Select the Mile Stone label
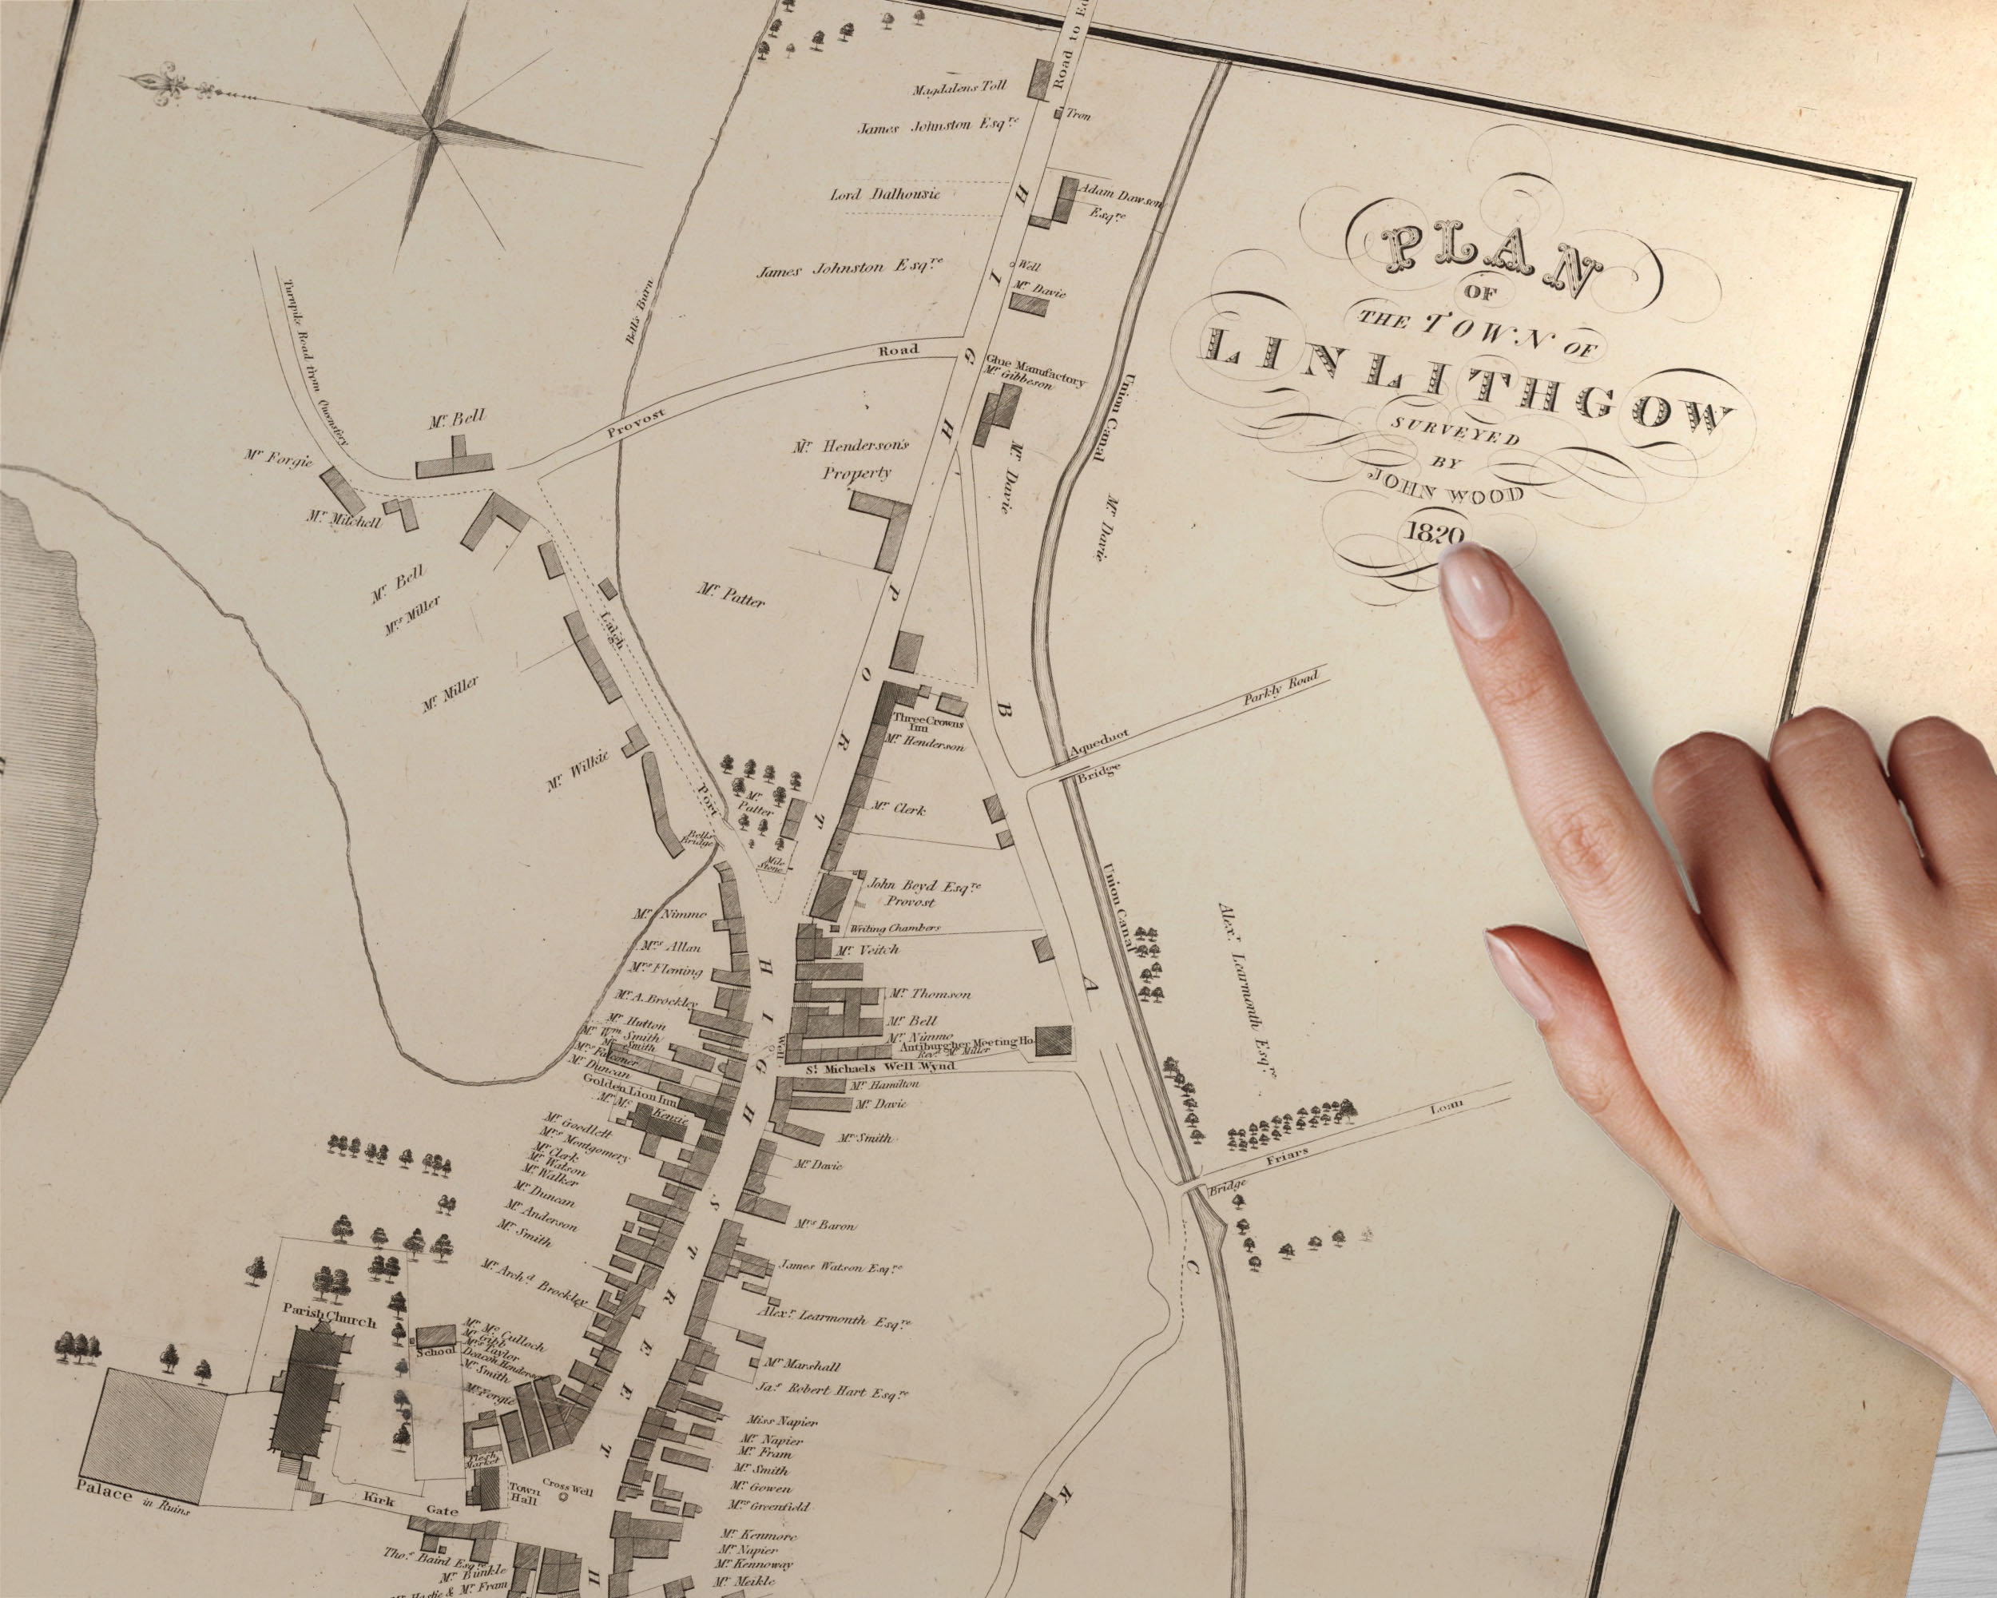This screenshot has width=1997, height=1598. tap(771, 865)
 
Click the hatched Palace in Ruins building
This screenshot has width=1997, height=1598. tap(157, 1441)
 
